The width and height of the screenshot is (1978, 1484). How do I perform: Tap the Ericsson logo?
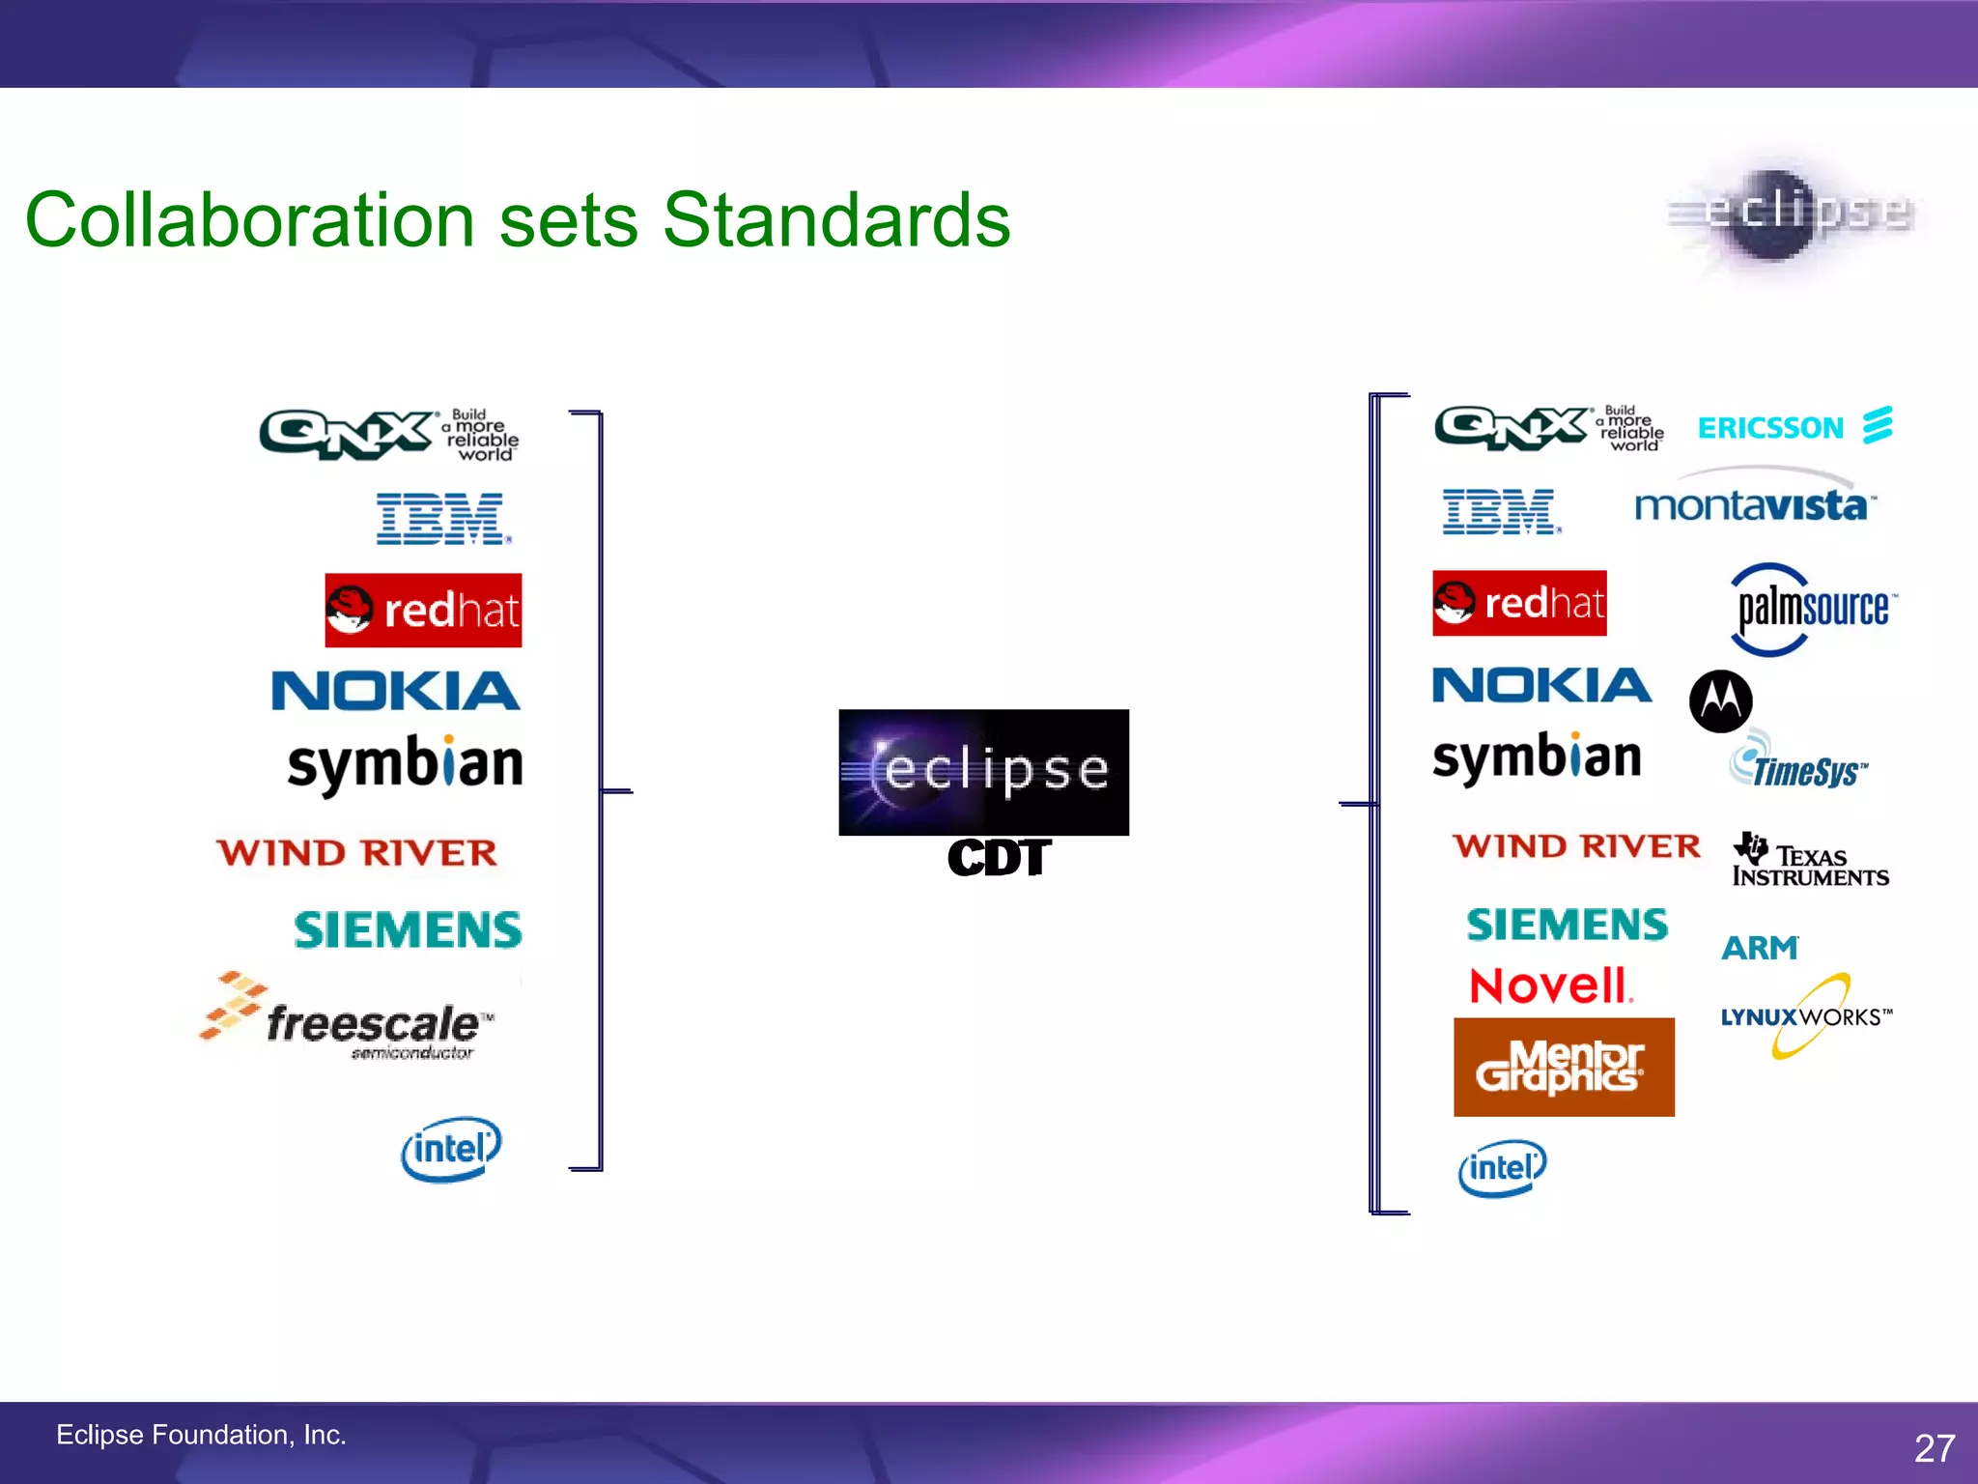[1794, 426]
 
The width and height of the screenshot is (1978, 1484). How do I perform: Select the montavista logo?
[1754, 502]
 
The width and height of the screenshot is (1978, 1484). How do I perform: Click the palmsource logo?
[1812, 610]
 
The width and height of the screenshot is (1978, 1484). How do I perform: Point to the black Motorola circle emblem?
[1720, 700]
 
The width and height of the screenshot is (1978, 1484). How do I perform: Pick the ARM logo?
[1760, 948]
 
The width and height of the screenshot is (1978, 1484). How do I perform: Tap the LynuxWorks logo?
[1804, 1016]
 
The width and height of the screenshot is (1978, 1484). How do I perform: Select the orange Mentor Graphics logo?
[1563, 1068]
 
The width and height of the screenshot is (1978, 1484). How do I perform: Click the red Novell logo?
[1550, 986]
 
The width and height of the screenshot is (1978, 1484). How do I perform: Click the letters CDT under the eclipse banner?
[998, 858]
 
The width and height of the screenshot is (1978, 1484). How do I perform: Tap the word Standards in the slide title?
[835, 220]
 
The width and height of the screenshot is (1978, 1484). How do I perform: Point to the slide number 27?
[1934, 1447]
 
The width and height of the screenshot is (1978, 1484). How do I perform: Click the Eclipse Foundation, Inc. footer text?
[201, 1435]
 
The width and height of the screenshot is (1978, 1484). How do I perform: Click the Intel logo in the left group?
[451, 1149]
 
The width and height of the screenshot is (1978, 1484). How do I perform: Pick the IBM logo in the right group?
[1500, 511]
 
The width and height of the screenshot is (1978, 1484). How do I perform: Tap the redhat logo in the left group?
[423, 611]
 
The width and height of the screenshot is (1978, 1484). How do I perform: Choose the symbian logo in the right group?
[1537, 757]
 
